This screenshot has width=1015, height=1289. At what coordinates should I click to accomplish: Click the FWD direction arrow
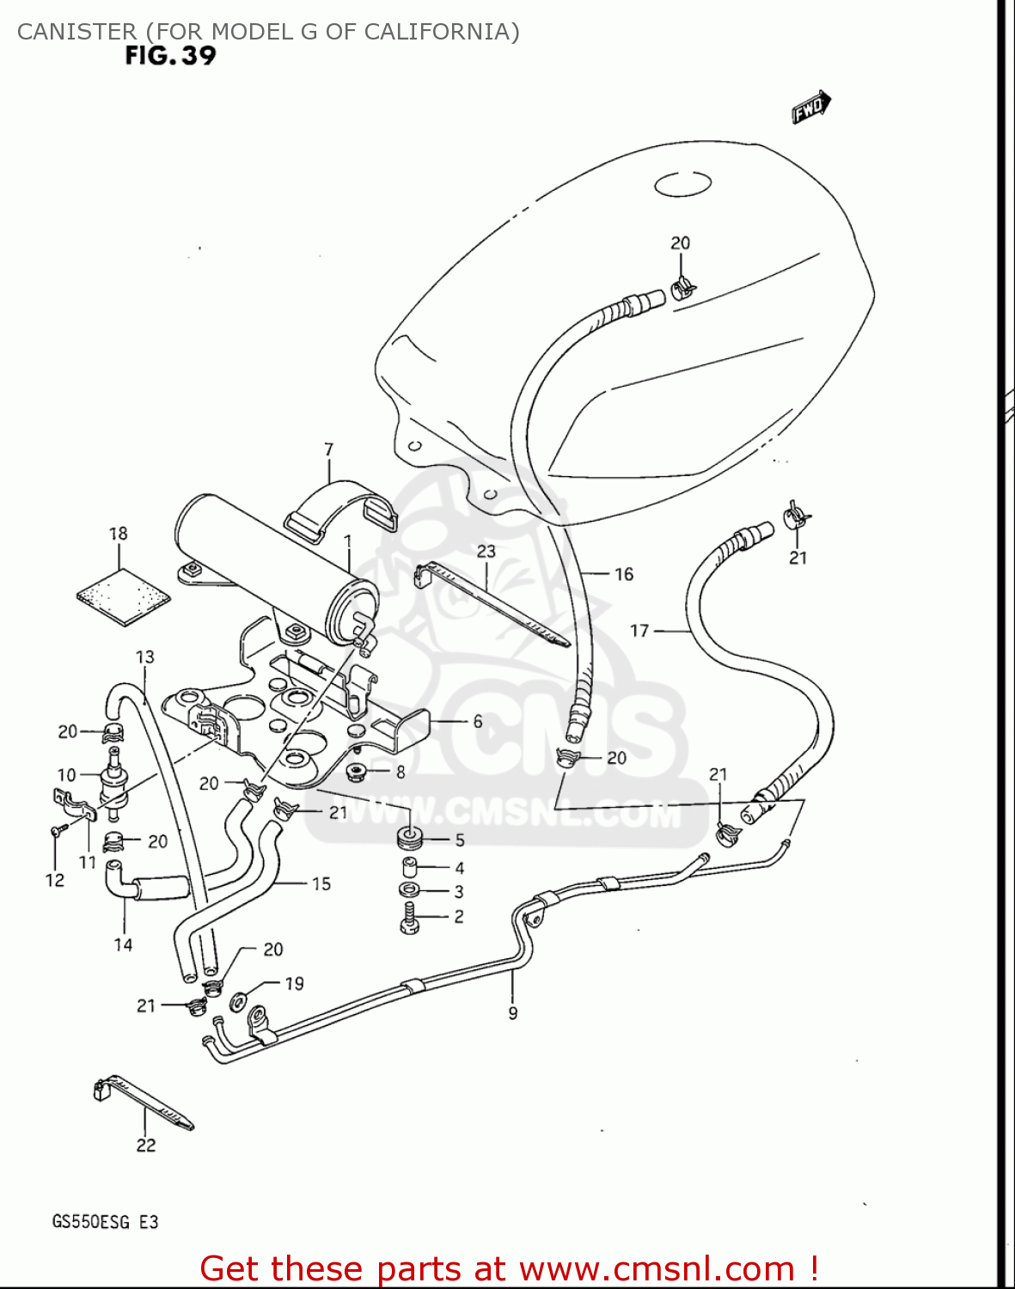pyautogui.click(x=810, y=107)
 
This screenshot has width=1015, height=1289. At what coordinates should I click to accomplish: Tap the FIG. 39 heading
pyautogui.click(x=170, y=57)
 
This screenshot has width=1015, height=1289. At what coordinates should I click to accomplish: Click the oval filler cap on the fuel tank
pyautogui.click(x=682, y=184)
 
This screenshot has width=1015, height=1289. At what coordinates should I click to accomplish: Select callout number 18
pyautogui.click(x=119, y=534)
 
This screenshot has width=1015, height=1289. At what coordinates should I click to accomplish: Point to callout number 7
pyautogui.click(x=328, y=449)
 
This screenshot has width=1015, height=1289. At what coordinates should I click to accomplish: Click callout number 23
pyautogui.click(x=486, y=551)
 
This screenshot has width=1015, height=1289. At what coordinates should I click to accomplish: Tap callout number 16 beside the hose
pyautogui.click(x=624, y=574)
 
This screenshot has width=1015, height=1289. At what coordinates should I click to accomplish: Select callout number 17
pyautogui.click(x=639, y=631)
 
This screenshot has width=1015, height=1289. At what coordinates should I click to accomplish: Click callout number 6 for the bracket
pyautogui.click(x=478, y=721)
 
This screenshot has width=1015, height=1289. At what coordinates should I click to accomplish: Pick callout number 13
pyautogui.click(x=144, y=657)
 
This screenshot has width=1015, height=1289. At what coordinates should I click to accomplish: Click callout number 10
pyautogui.click(x=67, y=775)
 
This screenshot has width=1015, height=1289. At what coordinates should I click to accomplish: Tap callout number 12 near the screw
pyautogui.click(x=55, y=880)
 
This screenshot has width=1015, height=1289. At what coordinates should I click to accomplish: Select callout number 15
pyautogui.click(x=321, y=883)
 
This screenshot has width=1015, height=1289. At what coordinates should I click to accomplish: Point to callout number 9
pyautogui.click(x=513, y=1013)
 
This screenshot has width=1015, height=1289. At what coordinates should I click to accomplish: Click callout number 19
pyautogui.click(x=295, y=983)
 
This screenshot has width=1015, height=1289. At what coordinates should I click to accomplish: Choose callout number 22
pyautogui.click(x=146, y=1145)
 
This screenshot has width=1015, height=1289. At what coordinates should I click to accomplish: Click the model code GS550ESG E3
pyautogui.click(x=106, y=1221)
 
